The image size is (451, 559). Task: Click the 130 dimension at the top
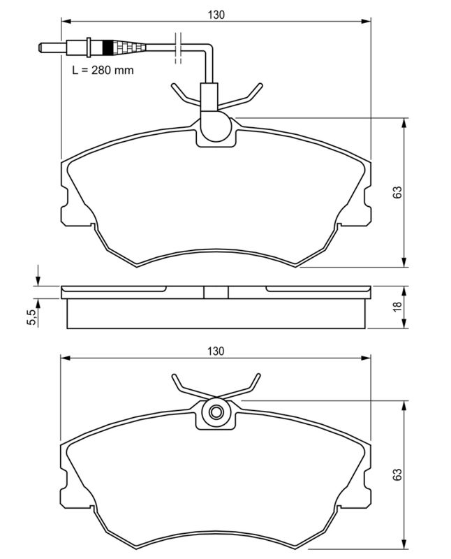pyautogui.click(x=216, y=13)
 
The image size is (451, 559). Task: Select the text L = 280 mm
pyautogui.click(x=103, y=70)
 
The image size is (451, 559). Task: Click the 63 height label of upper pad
pyautogui.click(x=397, y=193)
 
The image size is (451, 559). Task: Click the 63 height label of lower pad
pyautogui.click(x=397, y=474)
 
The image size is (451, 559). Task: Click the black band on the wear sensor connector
pyautogui.click(x=108, y=48)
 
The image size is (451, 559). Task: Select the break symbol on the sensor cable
pyautogui.click(x=179, y=48)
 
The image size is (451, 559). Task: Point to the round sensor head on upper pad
pyautogui.click(x=215, y=127)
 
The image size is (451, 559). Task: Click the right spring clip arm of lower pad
pyautogui.click(x=248, y=386)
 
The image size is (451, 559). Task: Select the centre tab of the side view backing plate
pyautogui.click(x=216, y=292)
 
